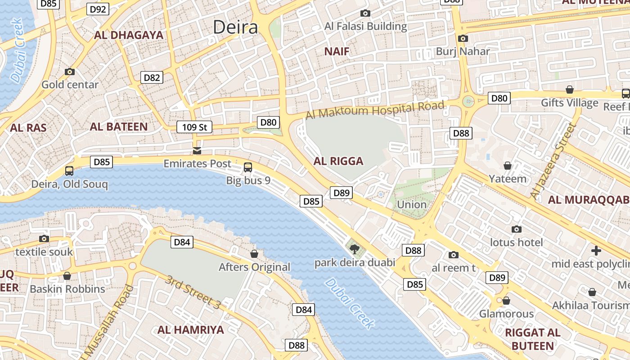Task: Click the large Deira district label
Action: coord(235,27)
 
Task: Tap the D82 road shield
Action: coord(152,77)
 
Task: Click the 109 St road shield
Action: coord(194,127)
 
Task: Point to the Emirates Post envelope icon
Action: coord(197,150)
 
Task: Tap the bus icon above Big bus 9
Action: coord(247,167)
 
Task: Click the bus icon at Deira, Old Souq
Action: coord(69,171)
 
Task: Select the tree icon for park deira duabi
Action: coord(355,248)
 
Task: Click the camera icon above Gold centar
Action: coord(70,72)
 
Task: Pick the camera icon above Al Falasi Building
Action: coord(365,13)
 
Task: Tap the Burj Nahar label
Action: coord(463,51)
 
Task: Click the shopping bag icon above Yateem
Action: coord(508,166)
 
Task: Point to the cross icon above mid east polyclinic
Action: coord(596,250)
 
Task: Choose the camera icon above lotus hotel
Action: coord(517,229)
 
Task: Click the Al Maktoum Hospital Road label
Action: coord(375,109)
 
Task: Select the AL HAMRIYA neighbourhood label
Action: coord(190,330)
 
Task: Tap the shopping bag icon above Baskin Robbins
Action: coord(67,276)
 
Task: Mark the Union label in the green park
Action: coord(411,204)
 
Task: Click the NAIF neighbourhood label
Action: coord(337,51)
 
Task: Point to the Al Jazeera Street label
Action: coord(553,161)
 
